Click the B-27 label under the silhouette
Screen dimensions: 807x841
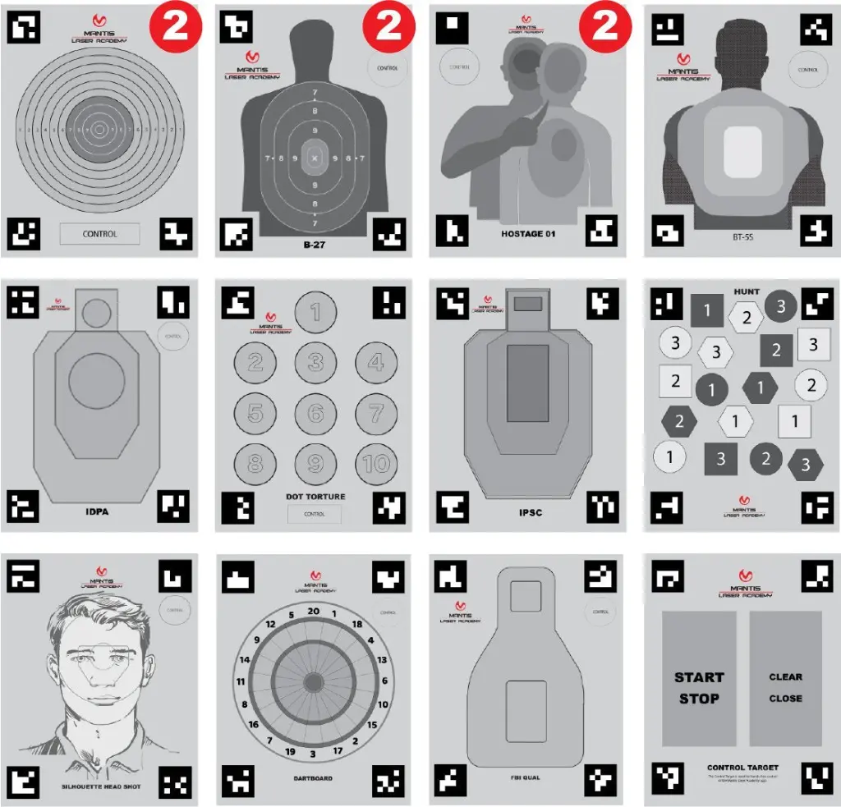(315, 245)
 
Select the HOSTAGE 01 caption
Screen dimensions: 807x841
(528, 234)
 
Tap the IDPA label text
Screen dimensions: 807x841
(98, 512)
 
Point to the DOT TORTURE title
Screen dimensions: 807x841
(315, 497)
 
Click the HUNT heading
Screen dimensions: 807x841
(747, 291)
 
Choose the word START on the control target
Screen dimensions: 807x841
(699, 677)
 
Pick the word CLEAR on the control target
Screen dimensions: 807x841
(785, 677)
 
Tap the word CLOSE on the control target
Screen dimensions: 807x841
(785, 699)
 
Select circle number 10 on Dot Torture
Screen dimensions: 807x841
(375, 464)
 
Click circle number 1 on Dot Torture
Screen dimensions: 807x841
(315, 311)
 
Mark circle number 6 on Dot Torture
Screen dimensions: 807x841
(315, 413)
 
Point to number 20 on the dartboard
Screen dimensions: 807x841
(313, 612)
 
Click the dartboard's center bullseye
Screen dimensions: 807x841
(313, 681)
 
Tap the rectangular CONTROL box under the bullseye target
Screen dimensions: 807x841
(99, 234)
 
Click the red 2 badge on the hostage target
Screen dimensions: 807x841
(604, 26)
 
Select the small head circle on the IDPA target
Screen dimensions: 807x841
(97, 312)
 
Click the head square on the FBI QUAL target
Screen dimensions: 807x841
(526, 595)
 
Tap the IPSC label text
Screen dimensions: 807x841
(531, 512)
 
